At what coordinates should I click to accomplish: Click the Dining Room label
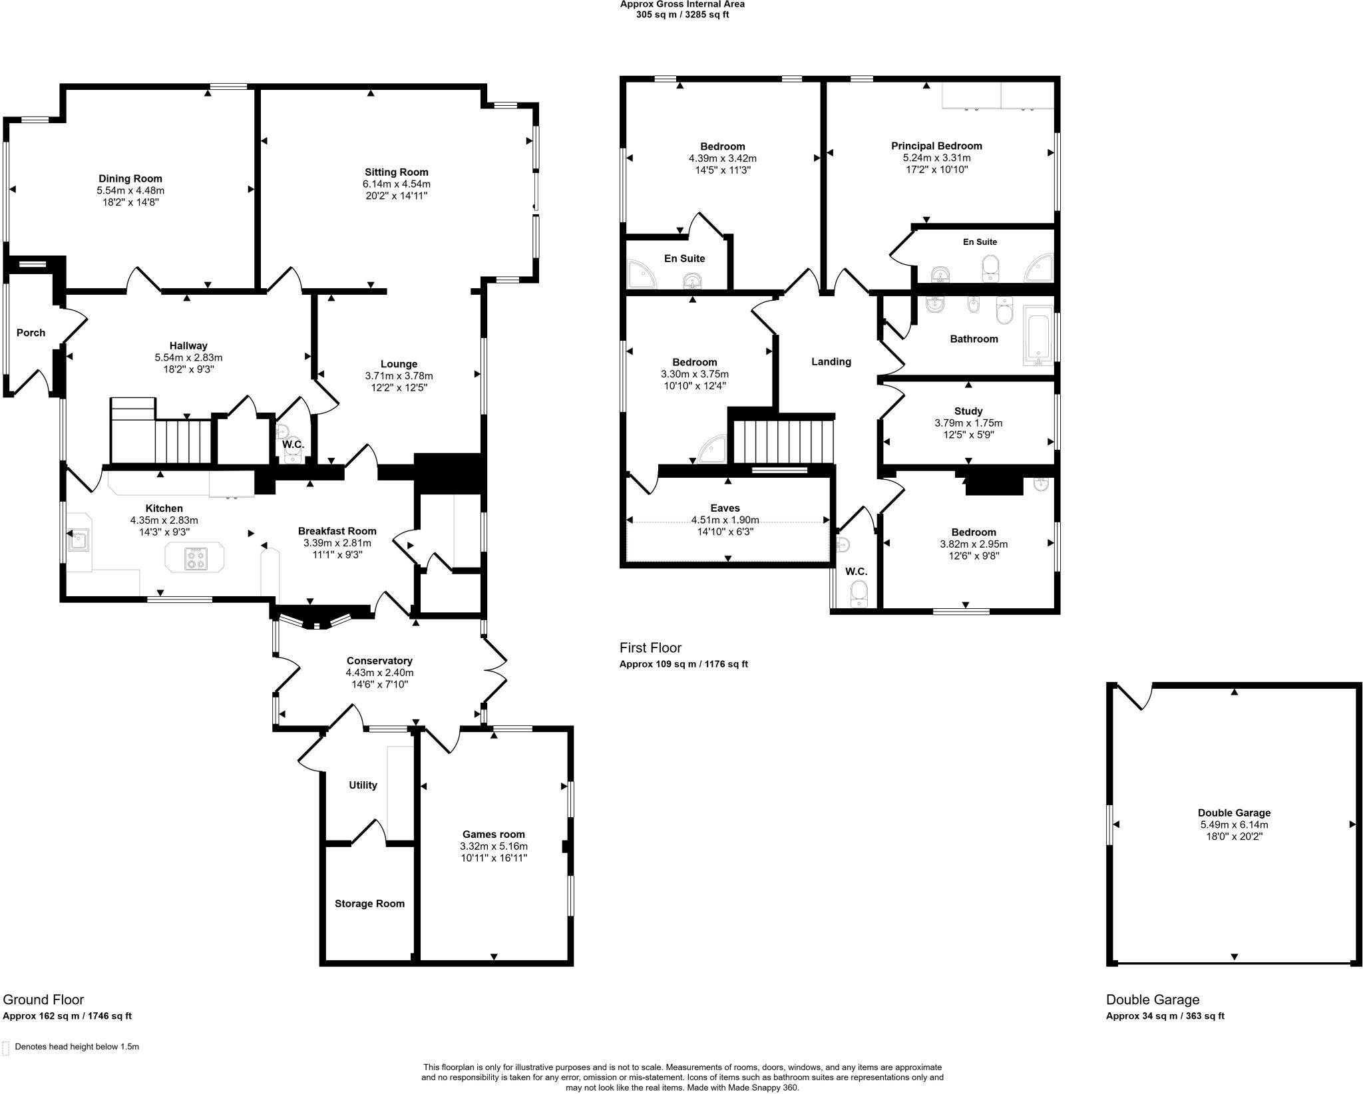[x=130, y=178]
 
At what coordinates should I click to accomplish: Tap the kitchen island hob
[x=196, y=558]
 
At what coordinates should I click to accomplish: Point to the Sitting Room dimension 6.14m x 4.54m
[x=396, y=184]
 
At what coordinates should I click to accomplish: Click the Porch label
[x=31, y=333]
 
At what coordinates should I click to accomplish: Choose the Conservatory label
[x=379, y=661]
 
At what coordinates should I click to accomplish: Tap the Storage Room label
[x=369, y=904]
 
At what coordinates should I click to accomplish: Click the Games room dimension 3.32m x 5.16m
[x=493, y=846]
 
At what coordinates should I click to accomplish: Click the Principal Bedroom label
[x=936, y=146]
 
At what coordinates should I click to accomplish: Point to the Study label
[x=968, y=411]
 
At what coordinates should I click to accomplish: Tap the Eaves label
[x=725, y=508]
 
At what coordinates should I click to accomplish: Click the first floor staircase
[x=783, y=439]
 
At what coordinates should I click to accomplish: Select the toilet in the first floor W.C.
[x=859, y=594]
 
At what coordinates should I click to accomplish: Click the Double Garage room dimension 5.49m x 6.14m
[x=1234, y=824]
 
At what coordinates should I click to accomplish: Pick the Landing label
[x=831, y=361]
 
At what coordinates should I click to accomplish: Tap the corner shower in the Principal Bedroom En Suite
[x=1040, y=269]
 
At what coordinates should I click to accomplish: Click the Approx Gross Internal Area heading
[x=682, y=4]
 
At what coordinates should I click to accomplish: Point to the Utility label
[x=363, y=785]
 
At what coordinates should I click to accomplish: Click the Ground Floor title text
[x=43, y=1000]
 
